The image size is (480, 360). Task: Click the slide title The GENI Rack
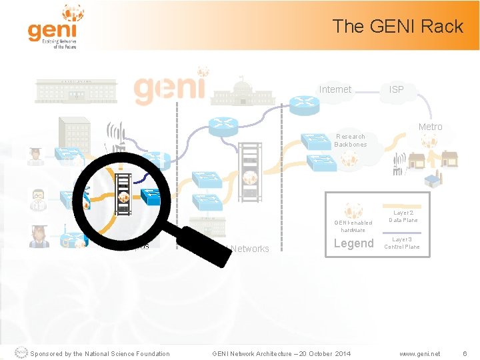pyautogui.click(x=397, y=26)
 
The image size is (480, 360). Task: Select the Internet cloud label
pyautogui.click(x=335, y=89)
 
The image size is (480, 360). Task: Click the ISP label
pyautogui.click(x=396, y=89)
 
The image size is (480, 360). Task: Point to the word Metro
pyautogui.click(x=430, y=127)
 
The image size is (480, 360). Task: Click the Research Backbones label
pyautogui.click(x=350, y=140)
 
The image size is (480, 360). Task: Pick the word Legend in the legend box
pyautogui.click(x=353, y=243)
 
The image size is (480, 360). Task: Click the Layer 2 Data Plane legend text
pyautogui.click(x=403, y=216)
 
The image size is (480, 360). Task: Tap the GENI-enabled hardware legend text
pyautogui.click(x=353, y=226)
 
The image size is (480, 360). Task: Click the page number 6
pyautogui.click(x=465, y=353)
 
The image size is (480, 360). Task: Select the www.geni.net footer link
pyautogui.click(x=419, y=353)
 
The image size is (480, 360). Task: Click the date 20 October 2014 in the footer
pyautogui.click(x=322, y=353)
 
